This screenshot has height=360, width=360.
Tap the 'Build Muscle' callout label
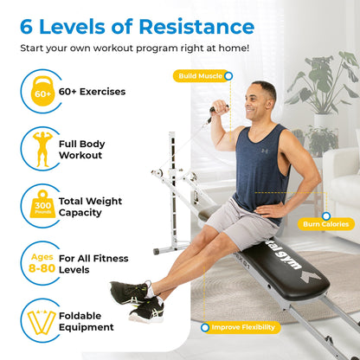[x=200, y=75]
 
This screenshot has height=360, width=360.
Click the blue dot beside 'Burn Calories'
[x=325, y=215]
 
